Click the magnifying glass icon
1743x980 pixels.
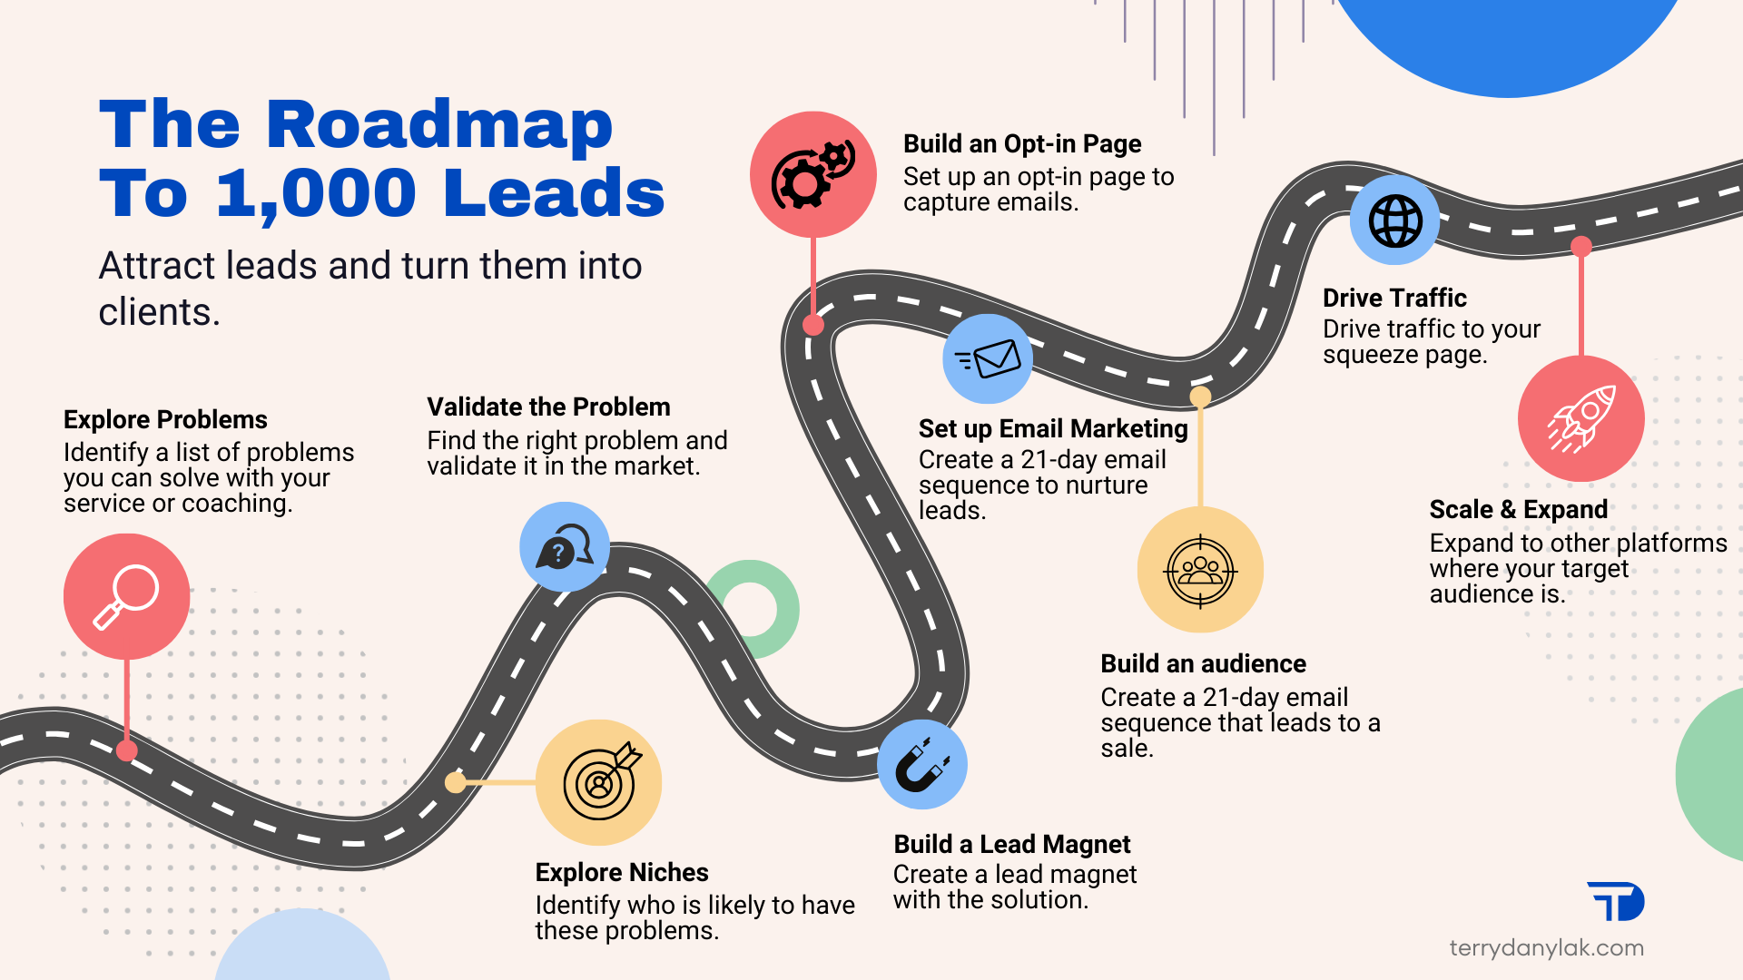click(x=126, y=596)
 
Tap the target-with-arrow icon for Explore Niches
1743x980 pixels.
click(x=599, y=781)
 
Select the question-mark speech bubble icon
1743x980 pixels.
click(x=565, y=546)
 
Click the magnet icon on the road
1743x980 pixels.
click(x=922, y=764)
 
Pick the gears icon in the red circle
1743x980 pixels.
click(x=812, y=174)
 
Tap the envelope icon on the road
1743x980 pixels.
click(x=988, y=358)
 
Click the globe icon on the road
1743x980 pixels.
click(x=1395, y=220)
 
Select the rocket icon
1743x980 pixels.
click(x=1581, y=418)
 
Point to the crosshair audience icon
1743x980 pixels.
click(x=1200, y=570)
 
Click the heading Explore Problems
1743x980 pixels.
click(x=165, y=419)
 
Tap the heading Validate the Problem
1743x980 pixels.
click(x=548, y=407)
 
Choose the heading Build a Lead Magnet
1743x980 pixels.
click(x=1011, y=844)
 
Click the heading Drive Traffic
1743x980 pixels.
click(x=1394, y=298)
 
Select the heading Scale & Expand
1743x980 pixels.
click(x=1518, y=509)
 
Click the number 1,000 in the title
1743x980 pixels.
click(x=316, y=193)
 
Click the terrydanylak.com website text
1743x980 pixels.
click(x=1546, y=948)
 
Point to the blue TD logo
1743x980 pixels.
click(x=1617, y=901)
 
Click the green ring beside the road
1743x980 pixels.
click(x=753, y=609)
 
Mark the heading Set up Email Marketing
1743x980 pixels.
click(x=1053, y=428)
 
